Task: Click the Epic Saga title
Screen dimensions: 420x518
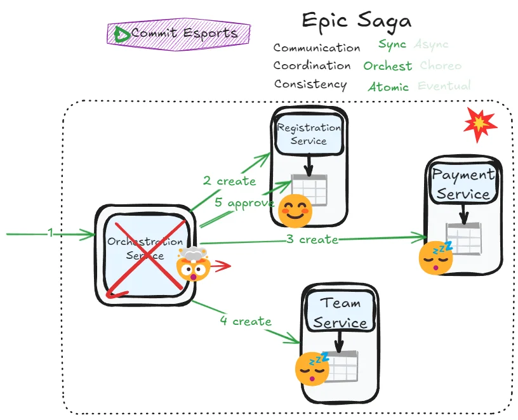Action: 356,20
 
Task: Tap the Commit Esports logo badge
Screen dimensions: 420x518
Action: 179,34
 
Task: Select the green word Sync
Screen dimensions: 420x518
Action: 392,44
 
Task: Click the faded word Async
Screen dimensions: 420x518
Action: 431,44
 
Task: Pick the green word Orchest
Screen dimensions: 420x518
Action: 387,66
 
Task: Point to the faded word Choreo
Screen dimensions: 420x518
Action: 441,66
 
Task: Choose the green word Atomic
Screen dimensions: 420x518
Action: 388,87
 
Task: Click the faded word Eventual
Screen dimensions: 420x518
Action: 444,86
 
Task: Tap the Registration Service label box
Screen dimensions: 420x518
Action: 309,135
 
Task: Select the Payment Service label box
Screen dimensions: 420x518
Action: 463,184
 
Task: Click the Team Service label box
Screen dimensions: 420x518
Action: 340,312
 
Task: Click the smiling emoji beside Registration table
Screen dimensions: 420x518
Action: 295,211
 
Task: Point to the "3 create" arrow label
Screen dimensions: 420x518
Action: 312,239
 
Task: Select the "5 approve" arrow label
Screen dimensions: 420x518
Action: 244,203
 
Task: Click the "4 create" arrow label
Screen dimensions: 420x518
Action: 245,321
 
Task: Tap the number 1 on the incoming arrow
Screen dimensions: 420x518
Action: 50,233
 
